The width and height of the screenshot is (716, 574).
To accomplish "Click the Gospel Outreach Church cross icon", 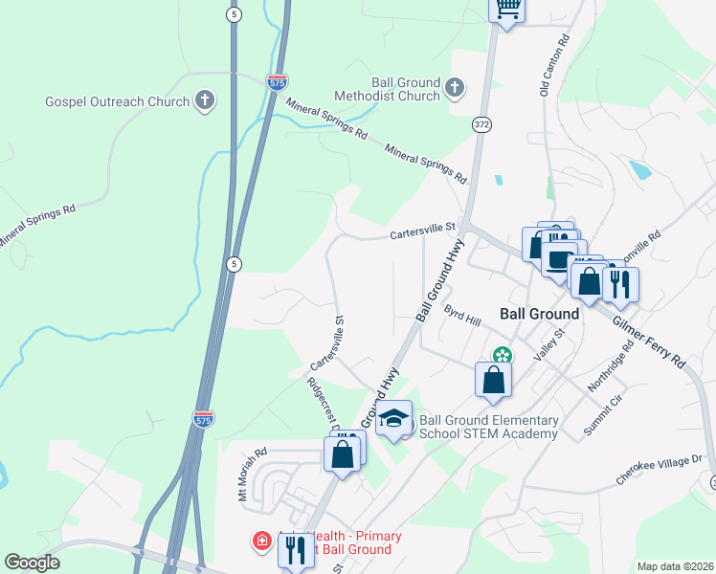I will tap(204, 100).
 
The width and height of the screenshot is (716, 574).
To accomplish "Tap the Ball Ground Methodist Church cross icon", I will tap(455, 89).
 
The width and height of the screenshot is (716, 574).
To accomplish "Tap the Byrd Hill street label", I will tap(461, 317).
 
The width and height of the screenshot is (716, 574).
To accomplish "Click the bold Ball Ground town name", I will tap(539, 314).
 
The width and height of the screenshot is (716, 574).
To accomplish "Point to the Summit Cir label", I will tap(604, 417).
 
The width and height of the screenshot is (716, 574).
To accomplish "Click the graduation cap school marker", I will tap(393, 418).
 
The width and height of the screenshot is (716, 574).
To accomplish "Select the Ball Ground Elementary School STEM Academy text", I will tap(488, 427).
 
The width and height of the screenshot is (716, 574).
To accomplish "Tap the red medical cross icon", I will tap(261, 542).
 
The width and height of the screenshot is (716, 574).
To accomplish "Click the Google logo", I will tap(32, 563).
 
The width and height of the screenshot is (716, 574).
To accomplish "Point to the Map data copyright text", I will tap(675, 566).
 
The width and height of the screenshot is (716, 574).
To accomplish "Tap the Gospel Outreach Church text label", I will tap(117, 101).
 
